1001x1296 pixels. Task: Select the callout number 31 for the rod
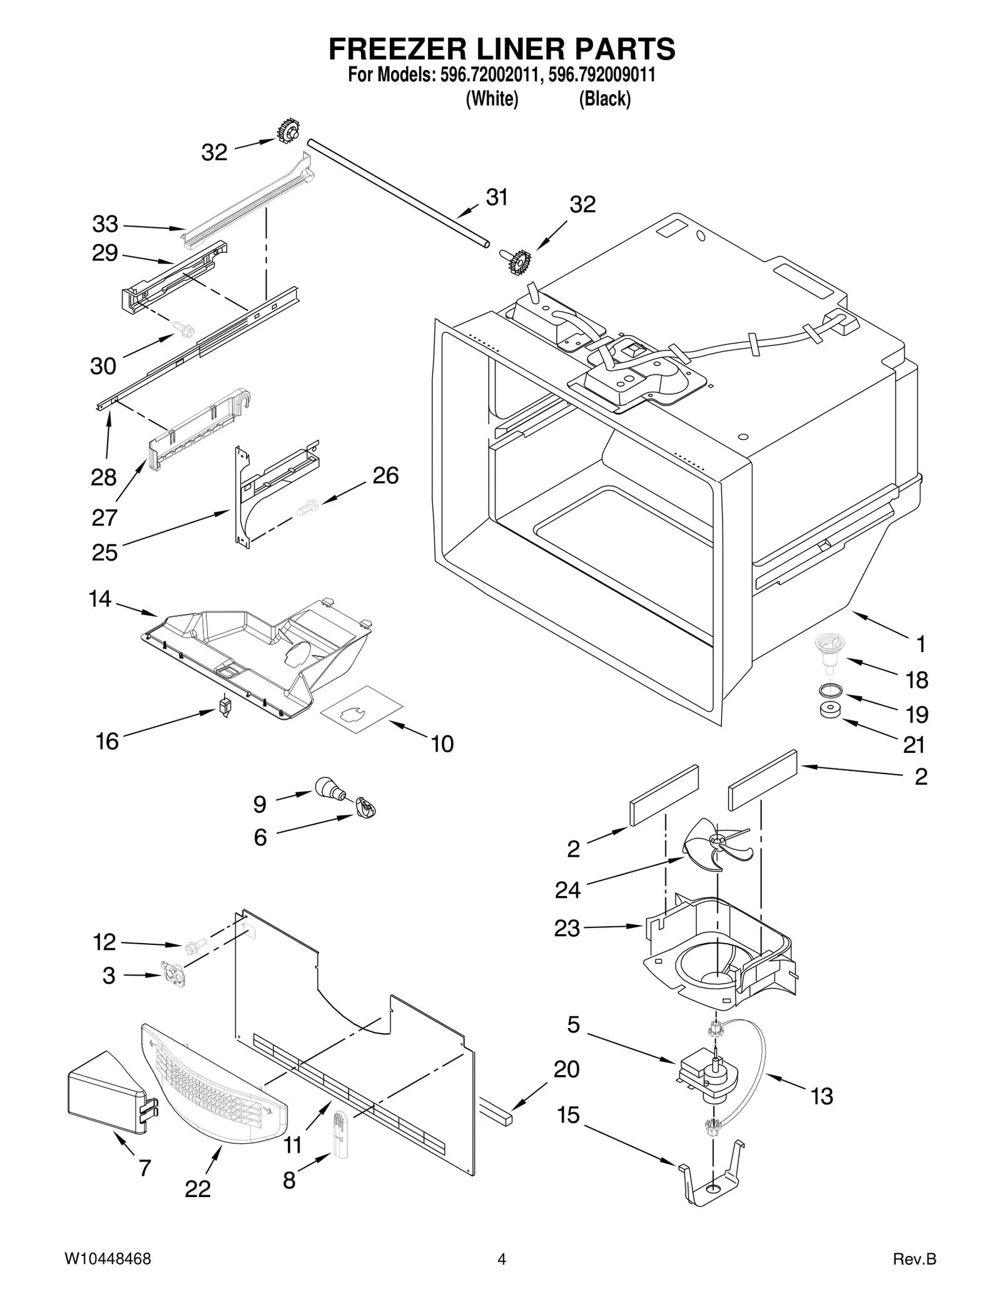click(497, 197)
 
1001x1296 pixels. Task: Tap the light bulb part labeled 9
click(329, 789)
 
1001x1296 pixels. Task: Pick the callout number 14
click(99, 600)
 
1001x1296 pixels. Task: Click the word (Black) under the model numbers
click(604, 99)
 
